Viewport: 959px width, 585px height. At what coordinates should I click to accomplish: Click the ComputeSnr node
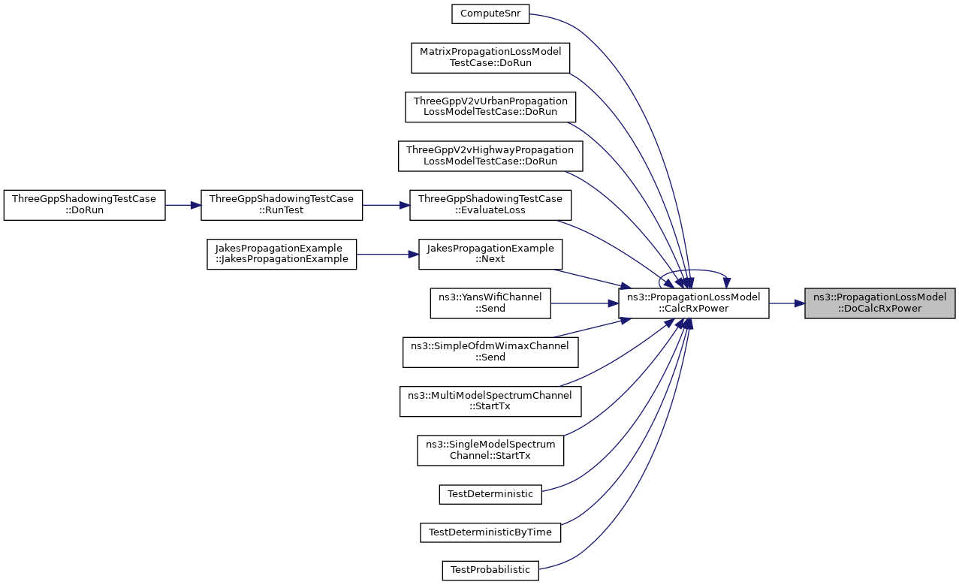(490, 14)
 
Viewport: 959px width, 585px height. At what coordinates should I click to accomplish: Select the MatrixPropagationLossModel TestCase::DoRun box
(490, 58)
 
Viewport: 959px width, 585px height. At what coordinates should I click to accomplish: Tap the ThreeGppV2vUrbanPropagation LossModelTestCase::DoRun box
(490, 107)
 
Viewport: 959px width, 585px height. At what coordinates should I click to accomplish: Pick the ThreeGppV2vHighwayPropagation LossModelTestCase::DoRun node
(490, 156)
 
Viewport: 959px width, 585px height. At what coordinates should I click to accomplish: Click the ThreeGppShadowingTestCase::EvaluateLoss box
(490, 205)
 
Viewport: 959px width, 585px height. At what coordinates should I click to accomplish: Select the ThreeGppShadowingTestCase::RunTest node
(282, 205)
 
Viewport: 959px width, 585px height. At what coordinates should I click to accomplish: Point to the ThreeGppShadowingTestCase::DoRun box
(84, 205)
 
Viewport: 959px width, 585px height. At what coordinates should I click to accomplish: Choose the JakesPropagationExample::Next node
(490, 254)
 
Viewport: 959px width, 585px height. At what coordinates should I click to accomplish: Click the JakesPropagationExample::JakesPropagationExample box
(282, 254)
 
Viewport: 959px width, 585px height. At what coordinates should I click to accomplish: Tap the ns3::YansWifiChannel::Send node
(490, 303)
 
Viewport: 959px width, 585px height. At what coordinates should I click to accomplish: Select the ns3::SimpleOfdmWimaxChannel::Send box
(490, 352)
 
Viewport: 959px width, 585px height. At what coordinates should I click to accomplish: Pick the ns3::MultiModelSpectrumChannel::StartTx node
(490, 401)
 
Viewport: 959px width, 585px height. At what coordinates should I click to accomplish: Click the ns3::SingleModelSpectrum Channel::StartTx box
(490, 450)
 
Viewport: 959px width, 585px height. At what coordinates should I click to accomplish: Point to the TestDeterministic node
(490, 494)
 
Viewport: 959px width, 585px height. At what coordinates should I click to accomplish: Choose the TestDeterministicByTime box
(490, 532)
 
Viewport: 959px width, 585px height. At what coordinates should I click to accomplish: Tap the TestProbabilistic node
(490, 571)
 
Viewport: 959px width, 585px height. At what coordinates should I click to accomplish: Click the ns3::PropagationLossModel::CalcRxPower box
(694, 303)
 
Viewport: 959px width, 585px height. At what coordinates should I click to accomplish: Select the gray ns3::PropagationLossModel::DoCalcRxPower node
(880, 303)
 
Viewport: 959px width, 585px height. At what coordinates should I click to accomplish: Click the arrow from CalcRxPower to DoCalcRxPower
(787, 303)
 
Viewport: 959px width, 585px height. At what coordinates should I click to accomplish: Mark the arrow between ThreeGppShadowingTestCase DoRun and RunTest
(182, 205)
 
